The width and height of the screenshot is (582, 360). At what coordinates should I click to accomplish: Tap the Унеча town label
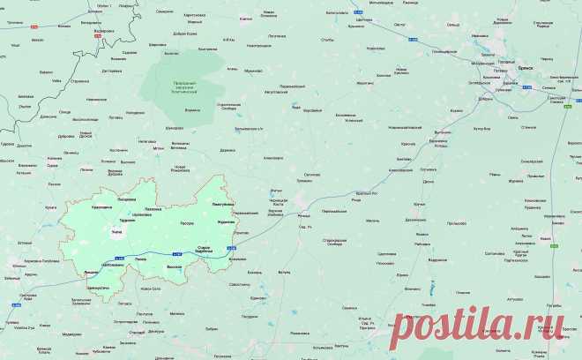tap(116, 231)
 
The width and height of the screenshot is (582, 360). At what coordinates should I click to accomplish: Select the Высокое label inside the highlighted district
tap(174, 266)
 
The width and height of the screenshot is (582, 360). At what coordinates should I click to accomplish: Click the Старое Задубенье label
tap(208, 250)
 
